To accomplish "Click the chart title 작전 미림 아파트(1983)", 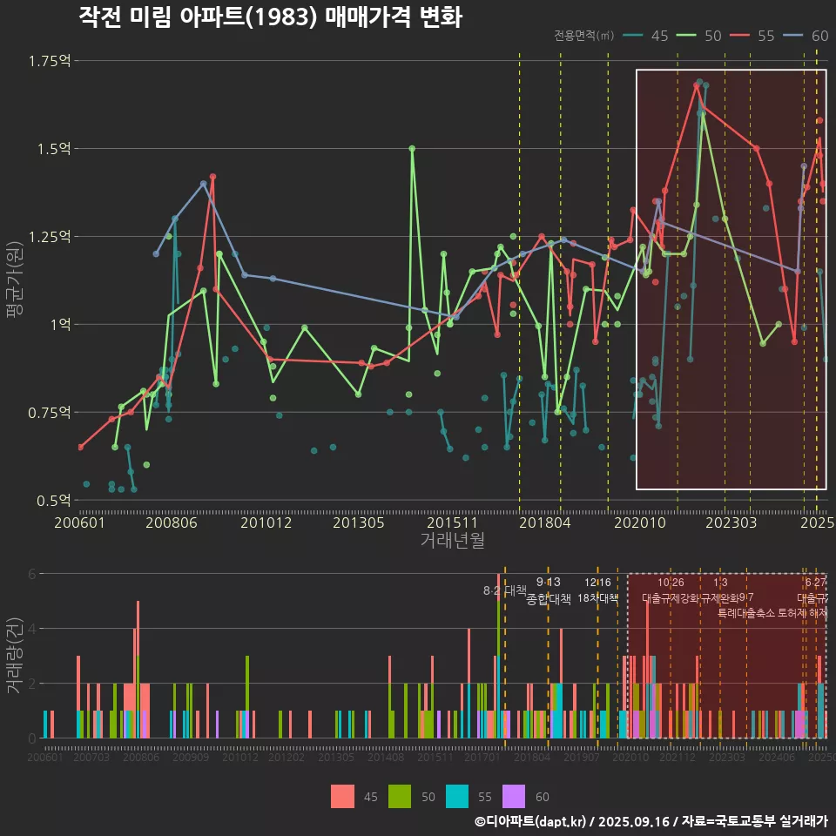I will [270, 17].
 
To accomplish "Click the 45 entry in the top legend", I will [659, 36].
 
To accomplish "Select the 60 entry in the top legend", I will [819, 36].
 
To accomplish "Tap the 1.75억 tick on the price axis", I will [50, 60].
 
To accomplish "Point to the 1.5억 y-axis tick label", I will [52, 148].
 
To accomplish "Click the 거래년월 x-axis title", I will [452, 540].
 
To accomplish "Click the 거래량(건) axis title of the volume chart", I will [15, 656].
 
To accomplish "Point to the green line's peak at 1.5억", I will [412, 148].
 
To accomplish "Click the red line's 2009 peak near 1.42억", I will [212, 177].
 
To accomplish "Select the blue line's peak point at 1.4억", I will [203, 184].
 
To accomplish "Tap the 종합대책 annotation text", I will [549, 598].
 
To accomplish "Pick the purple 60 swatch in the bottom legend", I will [515, 796].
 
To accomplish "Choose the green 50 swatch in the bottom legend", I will [400, 796].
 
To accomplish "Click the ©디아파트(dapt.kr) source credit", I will [530, 821].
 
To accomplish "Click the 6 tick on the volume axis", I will [31, 574].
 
